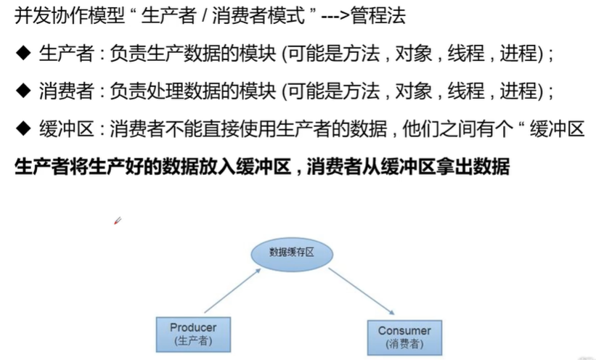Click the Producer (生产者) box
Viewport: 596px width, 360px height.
point(193,334)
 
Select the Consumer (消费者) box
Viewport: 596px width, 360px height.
point(404,337)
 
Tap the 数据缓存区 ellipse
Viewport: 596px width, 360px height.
point(292,254)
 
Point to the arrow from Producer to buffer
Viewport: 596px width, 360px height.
point(232,291)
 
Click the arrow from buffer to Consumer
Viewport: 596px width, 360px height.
point(362,291)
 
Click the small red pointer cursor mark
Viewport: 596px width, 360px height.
point(118,221)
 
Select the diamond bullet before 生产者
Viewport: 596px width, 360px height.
point(23,53)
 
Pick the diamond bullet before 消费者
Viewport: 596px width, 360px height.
point(23,91)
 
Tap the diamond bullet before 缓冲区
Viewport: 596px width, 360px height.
point(23,128)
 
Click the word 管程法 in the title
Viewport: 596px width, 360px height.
point(379,15)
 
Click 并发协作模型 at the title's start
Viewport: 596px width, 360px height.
point(70,15)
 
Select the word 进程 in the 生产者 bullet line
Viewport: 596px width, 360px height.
point(518,53)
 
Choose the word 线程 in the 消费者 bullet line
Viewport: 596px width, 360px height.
point(466,91)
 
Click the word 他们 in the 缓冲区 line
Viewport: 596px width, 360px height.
point(421,128)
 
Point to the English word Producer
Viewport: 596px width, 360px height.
point(193,327)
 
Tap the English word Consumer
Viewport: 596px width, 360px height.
point(404,331)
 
